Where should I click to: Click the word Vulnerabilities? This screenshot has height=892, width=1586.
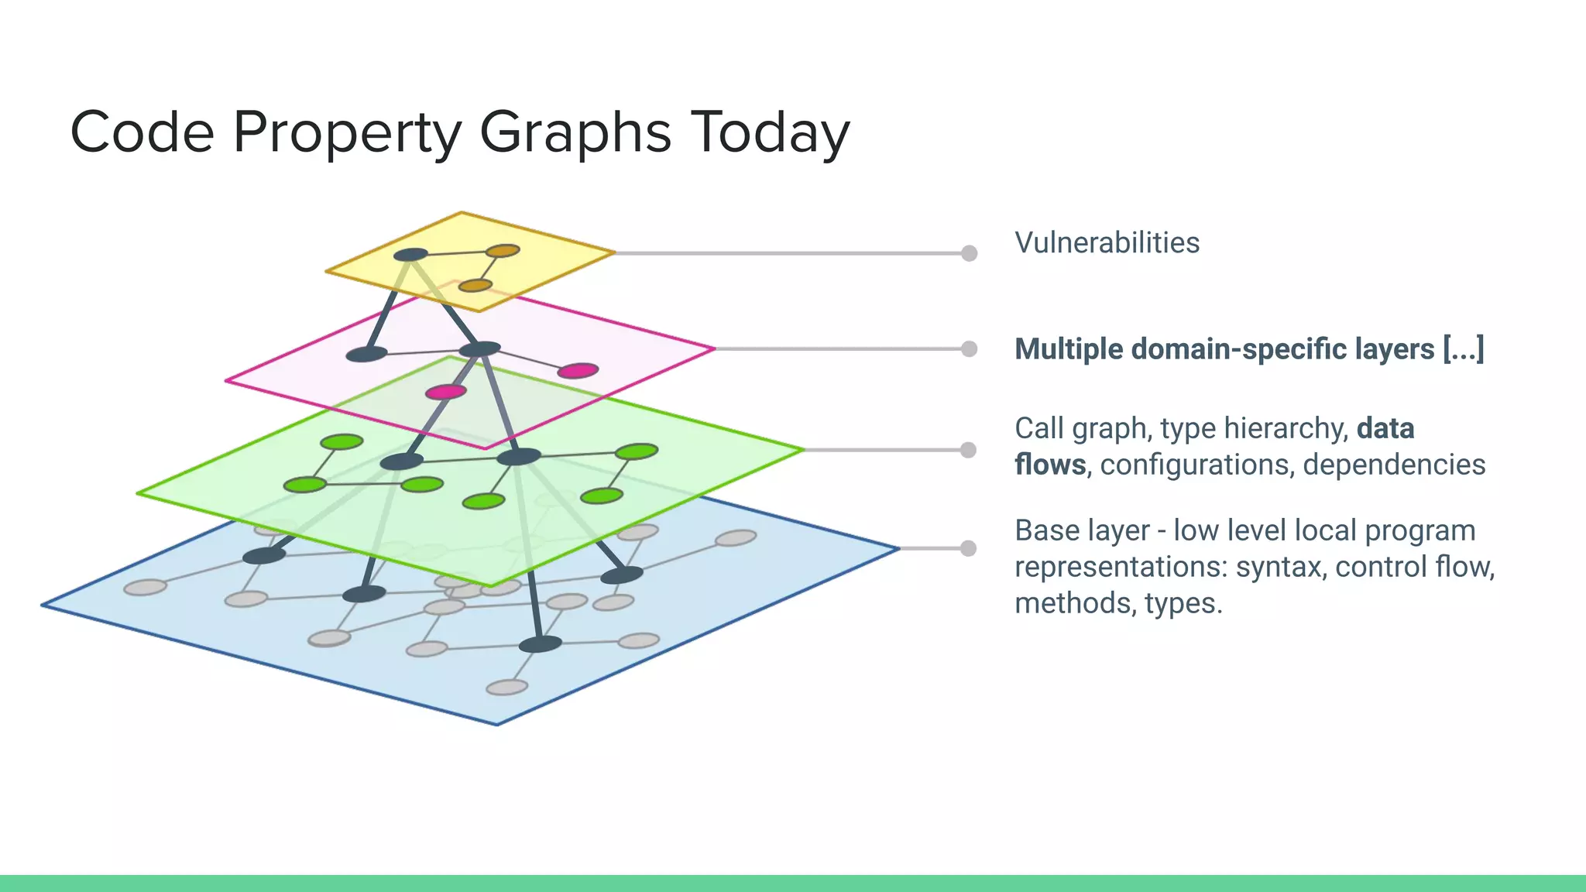tap(1107, 242)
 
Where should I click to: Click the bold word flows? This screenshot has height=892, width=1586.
tap(1050, 465)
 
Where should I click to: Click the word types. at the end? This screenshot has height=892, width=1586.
tap(1183, 603)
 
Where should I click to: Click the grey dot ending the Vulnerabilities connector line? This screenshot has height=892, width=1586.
tap(969, 253)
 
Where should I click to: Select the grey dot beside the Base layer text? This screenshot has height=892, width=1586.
tap(968, 548)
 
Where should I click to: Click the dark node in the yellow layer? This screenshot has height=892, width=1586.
tap(410, 255)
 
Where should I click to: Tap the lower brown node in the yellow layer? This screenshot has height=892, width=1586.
tap(475, 286)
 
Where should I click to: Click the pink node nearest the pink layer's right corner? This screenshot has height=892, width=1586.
tap(578, 371)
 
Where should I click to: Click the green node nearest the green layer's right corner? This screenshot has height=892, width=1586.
tap(637, 451)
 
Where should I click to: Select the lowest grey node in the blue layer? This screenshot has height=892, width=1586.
tap(507, 687)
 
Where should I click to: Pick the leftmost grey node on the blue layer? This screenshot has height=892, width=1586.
tap(145, 587)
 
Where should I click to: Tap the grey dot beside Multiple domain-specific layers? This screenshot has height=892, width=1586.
tap(969, 348)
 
